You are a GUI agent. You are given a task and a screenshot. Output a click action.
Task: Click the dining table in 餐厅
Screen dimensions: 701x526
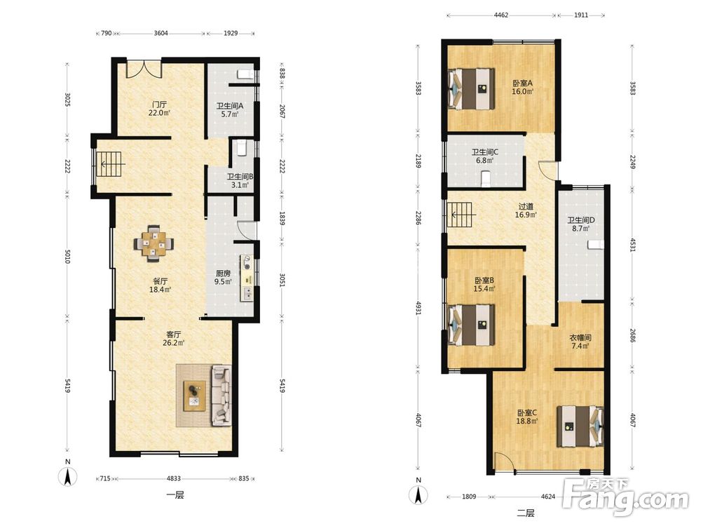click(154, 243)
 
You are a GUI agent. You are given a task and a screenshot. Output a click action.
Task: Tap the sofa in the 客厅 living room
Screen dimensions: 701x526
click(222, 395)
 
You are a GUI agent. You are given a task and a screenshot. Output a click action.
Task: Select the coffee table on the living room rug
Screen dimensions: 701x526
click(195, 396)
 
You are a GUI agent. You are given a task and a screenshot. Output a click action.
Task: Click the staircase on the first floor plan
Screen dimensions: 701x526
click(109, 165)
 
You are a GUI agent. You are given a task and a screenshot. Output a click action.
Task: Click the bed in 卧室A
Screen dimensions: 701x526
click(472, 88)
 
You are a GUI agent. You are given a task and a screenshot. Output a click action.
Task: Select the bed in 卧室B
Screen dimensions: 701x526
click(472, 325)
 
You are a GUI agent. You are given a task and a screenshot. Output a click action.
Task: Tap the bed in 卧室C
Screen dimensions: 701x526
click(580, 426)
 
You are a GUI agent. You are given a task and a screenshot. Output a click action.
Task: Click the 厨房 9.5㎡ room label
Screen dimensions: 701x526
click(223, 277)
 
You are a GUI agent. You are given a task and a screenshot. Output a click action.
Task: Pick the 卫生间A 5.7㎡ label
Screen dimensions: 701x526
click(229, 110)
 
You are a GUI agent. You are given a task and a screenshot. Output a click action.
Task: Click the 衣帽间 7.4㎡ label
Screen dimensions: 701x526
click(580, 342)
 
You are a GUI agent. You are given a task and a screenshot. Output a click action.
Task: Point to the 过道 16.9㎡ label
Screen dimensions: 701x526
click(526, 210)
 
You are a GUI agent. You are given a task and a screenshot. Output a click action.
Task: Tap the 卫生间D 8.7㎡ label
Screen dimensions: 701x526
click(580, 224)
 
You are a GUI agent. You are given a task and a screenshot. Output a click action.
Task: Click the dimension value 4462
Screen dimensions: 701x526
click(501, 15)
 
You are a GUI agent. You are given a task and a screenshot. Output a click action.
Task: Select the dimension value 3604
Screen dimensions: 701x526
click(161, 33)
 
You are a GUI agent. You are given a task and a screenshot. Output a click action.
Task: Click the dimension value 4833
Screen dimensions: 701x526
click(173, 478)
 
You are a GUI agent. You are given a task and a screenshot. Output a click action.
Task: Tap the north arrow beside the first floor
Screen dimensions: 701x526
click(67, 474)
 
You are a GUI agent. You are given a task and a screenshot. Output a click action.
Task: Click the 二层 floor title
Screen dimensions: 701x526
click(526, 513)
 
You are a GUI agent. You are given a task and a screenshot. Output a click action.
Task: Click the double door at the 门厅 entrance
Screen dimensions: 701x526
click(144, 68)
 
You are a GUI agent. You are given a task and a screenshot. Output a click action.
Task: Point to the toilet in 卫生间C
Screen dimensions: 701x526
click(485, 178)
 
